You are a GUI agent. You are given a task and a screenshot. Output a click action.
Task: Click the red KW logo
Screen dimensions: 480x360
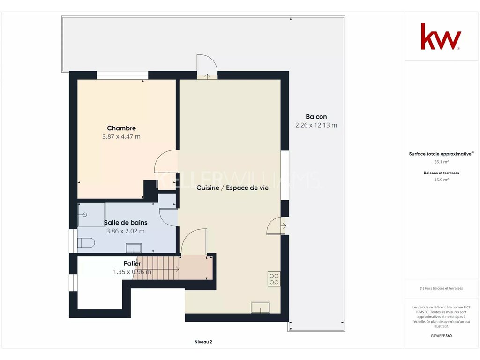point(441,36)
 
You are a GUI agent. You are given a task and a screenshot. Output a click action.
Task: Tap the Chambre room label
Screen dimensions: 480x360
point(121,128)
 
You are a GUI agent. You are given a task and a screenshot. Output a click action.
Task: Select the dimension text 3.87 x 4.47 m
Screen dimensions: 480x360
point(121,136)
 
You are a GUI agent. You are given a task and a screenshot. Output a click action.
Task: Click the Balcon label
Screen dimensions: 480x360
point(316,117)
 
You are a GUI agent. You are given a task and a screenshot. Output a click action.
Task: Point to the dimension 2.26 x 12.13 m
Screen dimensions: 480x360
point(316,125)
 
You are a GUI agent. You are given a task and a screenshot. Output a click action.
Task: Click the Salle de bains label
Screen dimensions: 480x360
point(126,223)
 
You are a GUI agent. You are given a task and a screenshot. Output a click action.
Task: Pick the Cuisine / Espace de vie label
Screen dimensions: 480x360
point(232,187)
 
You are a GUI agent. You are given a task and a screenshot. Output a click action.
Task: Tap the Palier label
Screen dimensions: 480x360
point(132,263)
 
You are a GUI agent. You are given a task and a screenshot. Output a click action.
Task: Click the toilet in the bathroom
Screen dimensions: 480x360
point(86,243)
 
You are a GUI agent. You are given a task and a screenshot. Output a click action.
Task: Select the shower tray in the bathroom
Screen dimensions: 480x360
point(91,215)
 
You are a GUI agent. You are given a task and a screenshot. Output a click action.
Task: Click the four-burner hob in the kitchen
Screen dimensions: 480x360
point(274,278)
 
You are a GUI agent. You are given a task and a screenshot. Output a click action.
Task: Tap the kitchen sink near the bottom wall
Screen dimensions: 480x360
point(260,307)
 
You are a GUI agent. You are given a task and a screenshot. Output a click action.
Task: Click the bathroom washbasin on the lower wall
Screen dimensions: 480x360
point(134,248)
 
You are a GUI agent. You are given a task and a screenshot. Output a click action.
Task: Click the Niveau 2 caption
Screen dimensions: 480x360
point(203,342)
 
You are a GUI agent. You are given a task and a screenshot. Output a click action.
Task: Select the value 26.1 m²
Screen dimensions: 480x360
point(441,162)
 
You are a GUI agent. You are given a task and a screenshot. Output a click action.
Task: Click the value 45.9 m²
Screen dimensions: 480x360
point(441,180)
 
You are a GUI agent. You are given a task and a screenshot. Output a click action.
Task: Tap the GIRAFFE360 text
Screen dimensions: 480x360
point(441,336)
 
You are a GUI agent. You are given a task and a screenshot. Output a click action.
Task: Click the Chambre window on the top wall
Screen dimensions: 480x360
point(122,75)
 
